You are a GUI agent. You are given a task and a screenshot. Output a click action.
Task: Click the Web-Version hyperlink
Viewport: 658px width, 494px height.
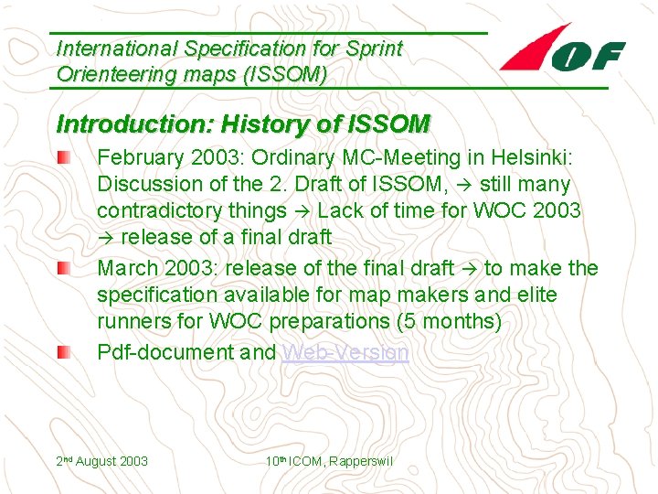pyautogui.click(x=345, y=352)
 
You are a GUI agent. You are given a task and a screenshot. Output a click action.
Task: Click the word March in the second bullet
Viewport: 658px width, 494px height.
pyautogui.click(x=126, y=268)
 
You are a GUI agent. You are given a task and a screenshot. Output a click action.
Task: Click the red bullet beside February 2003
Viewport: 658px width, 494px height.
pyautogui.click(x=61, y=157)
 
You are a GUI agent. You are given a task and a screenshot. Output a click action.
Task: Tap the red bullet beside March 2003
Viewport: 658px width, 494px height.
pyautogui.click(x=61, y=269)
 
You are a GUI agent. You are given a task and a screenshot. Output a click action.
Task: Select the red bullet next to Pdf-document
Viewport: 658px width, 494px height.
pyautogui.click(x=61, y=353)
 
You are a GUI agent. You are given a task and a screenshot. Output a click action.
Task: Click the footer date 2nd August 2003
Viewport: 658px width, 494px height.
pyautogui.click(x=102, y=461)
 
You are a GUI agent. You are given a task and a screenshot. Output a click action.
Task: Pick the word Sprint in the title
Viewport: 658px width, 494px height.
pyautogui.click(x=373, y=48)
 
